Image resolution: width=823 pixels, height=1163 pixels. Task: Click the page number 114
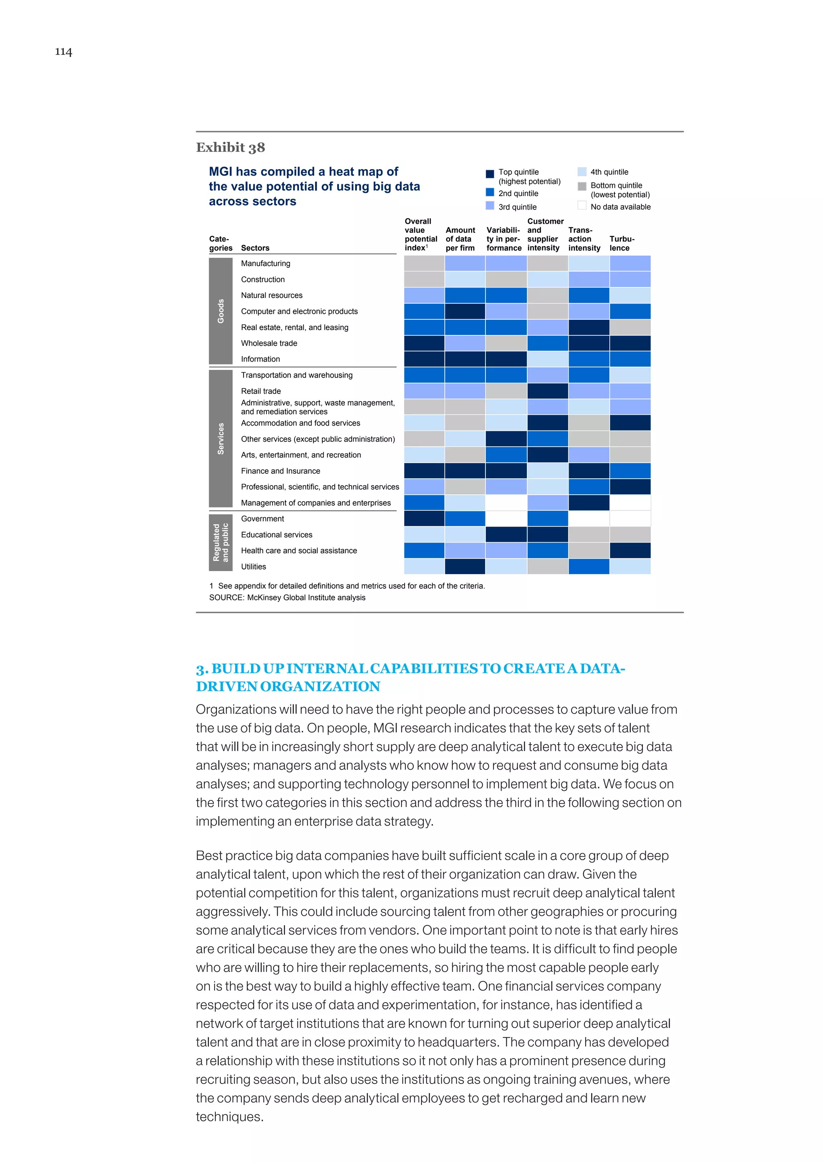click(63, 52)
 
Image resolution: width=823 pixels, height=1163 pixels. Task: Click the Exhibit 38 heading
click(230, 147)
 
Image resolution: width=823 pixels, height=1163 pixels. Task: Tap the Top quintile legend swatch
click(489, 174)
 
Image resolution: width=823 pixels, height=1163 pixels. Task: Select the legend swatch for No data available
click(582, 206)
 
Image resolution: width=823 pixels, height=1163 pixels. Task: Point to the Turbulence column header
click(621, 243)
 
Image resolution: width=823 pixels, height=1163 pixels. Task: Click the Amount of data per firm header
click(460, 239)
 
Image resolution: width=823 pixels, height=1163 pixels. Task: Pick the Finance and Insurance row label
click(280, 471)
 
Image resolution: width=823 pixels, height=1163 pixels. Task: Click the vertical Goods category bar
click(221, 311)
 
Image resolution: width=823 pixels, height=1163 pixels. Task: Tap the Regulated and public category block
click(221, 542)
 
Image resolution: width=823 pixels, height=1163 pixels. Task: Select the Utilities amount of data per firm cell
click(465, 566)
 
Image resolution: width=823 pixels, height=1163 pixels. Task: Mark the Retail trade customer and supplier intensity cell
click(547, 390)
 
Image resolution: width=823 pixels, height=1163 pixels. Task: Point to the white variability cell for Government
click(506, 518)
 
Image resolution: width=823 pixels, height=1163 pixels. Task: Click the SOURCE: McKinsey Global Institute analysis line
click(287, 597)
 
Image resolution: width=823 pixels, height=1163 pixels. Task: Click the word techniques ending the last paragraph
click(229, 1116)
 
